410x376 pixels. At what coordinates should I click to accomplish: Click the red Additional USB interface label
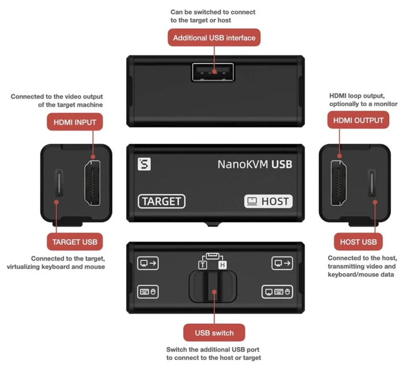pyautogui.click(x=214, y=38)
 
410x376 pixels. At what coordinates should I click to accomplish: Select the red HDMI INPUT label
pyautogui.click(x=75, y=121)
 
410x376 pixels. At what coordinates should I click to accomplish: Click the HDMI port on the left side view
pyautogui.click(x=93, y=182)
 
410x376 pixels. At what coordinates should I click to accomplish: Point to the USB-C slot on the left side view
pyautogui.click(x=56, y=182)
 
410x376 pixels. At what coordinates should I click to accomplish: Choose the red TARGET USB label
pyautogui.click(x=75, y=242)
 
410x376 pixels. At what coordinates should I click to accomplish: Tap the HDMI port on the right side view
pyautogui.click(x=341, y=182)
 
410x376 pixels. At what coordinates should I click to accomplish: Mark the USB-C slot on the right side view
pyautogui.click(x=373, y=182)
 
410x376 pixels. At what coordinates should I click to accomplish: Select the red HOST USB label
pyautogui.click(x=358, y=242)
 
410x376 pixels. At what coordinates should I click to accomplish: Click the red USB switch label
pyautogui.click(x=214, y=333)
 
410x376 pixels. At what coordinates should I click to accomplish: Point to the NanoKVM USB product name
pyautogui.click(x=255, y=164)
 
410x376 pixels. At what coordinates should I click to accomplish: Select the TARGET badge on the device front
pyautogui.click(x=161, y=201)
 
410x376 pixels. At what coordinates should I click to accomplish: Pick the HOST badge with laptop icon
pyautogui.click(x=268, y=201)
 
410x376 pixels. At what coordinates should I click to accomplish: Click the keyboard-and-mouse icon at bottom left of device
pyautogui.click(x=148, y=292)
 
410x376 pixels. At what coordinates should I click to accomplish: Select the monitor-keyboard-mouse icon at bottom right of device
pyautogui.click(x=277, y=292)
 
